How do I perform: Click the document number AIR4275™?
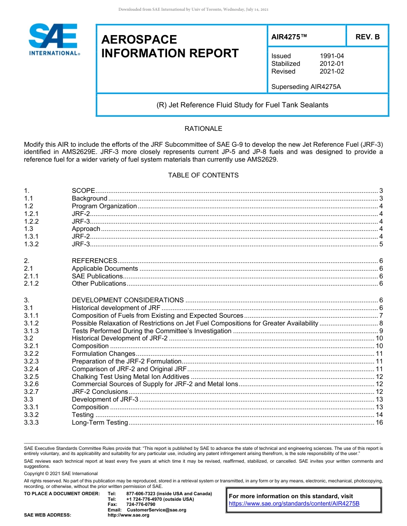290,37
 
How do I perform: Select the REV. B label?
368,37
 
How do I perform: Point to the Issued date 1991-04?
332,56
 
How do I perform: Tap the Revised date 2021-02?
332,71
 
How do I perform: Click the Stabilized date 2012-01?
332,64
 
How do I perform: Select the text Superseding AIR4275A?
306,87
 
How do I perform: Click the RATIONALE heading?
203,129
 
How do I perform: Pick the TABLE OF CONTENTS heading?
203,175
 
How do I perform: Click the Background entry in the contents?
90,198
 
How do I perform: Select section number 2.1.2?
31,284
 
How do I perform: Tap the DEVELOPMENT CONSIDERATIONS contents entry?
128,300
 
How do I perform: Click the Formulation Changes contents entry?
103,354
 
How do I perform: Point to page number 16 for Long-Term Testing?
379,423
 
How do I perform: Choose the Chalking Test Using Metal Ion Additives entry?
130,377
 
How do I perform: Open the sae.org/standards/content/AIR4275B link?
294,504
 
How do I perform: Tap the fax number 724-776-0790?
141,505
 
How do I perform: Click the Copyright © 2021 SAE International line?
61,473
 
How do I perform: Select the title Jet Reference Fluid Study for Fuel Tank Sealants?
242,105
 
